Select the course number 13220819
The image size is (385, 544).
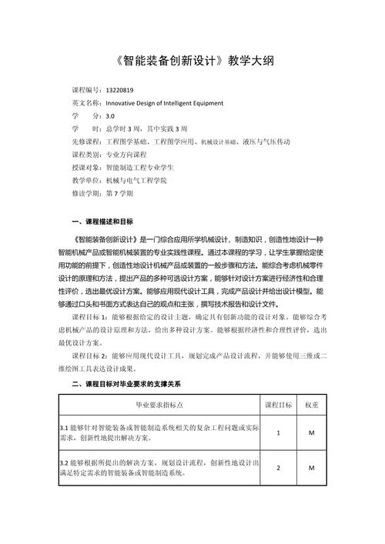point(120,90)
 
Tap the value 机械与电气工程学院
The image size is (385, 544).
point(136,180)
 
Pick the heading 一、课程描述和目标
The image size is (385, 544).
point(102,222)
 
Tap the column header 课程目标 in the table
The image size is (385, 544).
point(278,404)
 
